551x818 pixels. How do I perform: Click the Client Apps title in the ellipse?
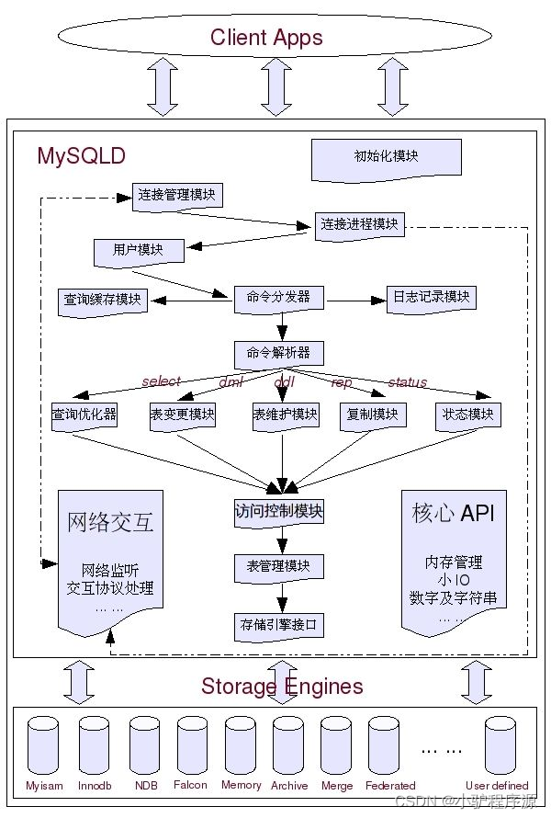[x=266, y=38]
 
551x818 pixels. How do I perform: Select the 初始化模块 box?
[x=386, y=157]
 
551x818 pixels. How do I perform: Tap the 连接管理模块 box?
[x=177, y=195]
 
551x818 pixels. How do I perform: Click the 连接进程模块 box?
[x=359, y=224]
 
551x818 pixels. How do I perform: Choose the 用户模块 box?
[x=139, y=250]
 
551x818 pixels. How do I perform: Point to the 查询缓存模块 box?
[x=103, y=300]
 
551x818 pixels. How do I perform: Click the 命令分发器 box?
[x=278, y=298]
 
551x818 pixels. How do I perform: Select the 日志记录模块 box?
[x=431, y=297]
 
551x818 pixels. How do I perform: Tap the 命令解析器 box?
[x=278, y=352]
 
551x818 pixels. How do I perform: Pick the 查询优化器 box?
[x=84, y=415]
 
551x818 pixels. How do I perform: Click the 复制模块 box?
[x=372, y=415]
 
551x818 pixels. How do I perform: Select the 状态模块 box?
[x=467, y=415]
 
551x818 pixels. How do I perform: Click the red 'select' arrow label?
[x=161, y=381]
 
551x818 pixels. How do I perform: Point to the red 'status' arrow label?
[x=407, y=381]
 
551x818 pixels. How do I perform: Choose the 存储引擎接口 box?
[x=278, y=626]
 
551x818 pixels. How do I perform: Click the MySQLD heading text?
[x=81, y=156]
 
